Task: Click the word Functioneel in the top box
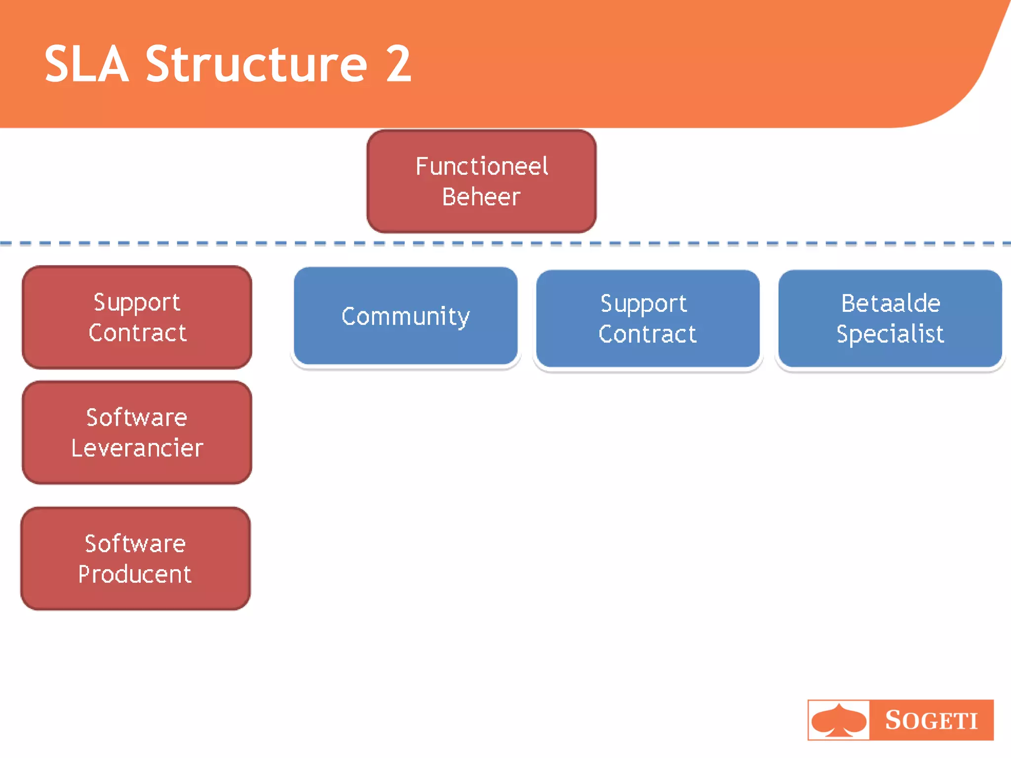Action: tap(481, 166)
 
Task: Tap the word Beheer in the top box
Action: tap(481, 197)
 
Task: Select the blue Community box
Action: tap(405, 316)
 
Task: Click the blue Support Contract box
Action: tap(647, 319)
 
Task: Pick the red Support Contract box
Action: tap(137, 317)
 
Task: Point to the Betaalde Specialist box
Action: tap(890, 319)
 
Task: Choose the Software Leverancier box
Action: tap(137, 432)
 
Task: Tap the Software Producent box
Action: tap(135, 559)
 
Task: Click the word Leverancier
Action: tap(137, 448)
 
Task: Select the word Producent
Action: tap(135, 574)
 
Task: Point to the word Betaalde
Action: tap(891, 303)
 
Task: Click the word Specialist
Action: tap(890, 334)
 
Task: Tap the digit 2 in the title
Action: tap(398, 64)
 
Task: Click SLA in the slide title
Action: tap(86, 64)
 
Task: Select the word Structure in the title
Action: tap(256, 64)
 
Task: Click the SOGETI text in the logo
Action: tap(931, 720)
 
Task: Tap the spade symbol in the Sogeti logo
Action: tap(838, 720)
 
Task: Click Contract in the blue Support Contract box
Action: tap(647, 334)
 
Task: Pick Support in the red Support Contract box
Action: tap(137, 302)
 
